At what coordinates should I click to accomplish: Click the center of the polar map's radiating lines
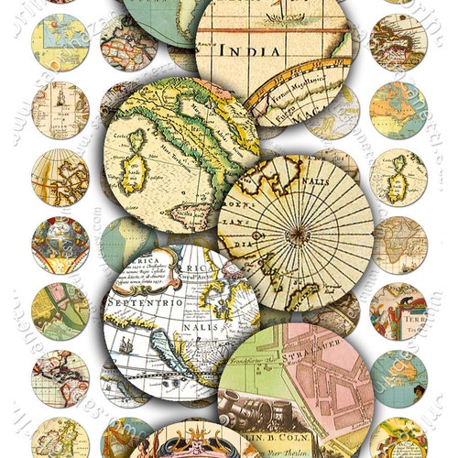pyautogui.click(x=299, y=235)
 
